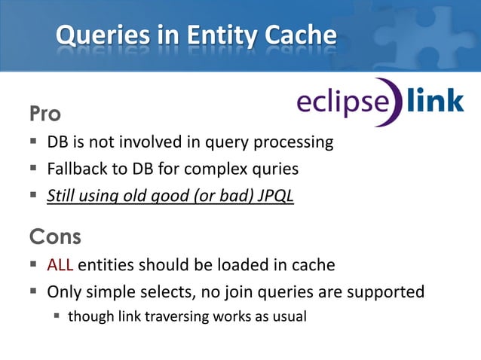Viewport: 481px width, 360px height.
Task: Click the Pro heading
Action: click(45, 114)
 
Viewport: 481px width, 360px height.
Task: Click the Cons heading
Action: click(55, 237)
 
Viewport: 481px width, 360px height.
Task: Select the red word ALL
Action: click(60, 265)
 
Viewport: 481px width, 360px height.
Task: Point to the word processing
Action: click(293, 142)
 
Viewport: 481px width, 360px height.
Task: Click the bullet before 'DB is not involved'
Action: click(34, 142)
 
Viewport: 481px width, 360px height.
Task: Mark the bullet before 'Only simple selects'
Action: click(34, 291)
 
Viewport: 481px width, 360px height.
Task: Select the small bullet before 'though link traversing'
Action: click(57, 316)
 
